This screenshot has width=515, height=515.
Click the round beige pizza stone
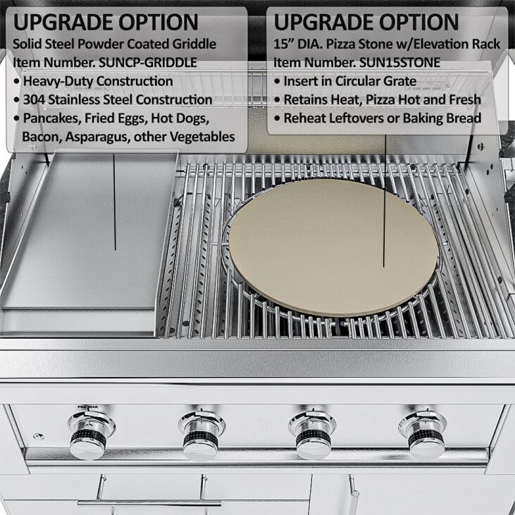pyautogui.click(x=333, y=248)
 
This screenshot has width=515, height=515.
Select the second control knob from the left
pyautogui.click(x=201, y=435)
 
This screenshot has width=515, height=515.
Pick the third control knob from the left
pyautogui.click(x=312, y=435)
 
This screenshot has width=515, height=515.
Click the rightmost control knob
pyautogui.click(x=423, y=435)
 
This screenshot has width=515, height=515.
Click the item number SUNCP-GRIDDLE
pyautogui.click(x=148, y=63)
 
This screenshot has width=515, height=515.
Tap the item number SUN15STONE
pyautogui.click(x=399, y=63)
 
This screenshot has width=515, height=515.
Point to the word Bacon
pyautogui.click(x=42, y=137)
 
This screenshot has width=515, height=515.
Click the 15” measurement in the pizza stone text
pyautogui.click(x=283, y=44)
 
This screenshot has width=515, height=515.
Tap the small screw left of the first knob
pyautogui.click(x=39, y=437)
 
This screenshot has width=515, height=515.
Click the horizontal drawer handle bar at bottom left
pyautogui.click(x=149, y=503)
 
